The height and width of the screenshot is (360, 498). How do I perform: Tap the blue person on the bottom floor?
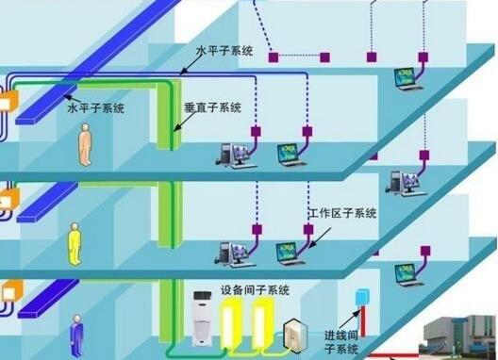[x=75, y=338]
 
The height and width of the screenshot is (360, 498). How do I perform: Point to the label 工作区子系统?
[x=342, y=215]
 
